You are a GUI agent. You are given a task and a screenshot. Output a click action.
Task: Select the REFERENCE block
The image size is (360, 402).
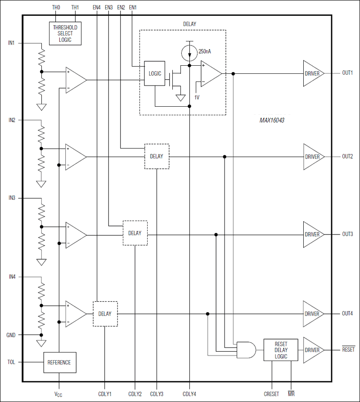(59, 362)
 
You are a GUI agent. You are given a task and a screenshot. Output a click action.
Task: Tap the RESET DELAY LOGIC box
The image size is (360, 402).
(281, 350)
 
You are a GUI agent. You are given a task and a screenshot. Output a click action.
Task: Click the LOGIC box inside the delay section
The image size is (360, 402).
(154, 73)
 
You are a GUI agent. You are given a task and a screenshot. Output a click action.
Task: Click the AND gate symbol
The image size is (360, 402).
(246, 349)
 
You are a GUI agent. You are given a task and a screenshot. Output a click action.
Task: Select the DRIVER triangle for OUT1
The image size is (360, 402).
(312, 73)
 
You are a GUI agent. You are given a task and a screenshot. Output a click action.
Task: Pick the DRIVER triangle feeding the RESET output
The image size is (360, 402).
(312, 350)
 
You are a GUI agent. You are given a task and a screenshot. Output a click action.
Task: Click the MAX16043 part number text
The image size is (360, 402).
(271, 121)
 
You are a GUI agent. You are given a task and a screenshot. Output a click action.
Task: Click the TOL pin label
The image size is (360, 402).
(12, 362)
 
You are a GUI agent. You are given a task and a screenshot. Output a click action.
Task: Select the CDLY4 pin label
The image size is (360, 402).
(189, 394)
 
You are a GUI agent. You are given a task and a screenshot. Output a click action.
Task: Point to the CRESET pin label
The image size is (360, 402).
(271, 394)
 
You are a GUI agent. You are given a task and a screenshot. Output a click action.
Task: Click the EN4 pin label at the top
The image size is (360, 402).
(97, 8)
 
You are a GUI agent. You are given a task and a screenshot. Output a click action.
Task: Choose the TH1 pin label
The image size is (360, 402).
(75, 8)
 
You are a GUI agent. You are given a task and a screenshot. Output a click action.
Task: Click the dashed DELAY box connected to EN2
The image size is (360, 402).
(157, 156)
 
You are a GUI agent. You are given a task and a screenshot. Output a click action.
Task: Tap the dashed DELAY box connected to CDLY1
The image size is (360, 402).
(105, 313)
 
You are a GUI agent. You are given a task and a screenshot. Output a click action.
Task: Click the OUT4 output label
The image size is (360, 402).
(347, 314)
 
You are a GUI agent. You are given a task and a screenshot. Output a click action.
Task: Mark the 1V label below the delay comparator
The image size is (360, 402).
(197, 97)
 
